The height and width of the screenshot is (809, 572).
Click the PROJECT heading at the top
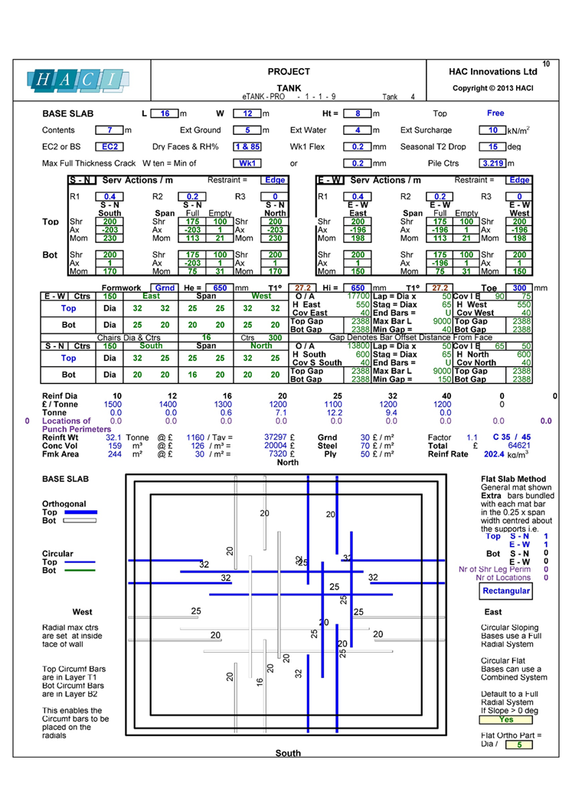pos(288,71)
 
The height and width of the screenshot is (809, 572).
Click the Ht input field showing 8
pos(358,113)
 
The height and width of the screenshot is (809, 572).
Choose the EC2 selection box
pos(106,146)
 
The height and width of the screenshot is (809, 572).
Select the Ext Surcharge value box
pos(493,130)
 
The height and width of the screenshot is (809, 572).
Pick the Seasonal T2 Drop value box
pos(493,146)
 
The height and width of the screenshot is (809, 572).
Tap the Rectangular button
pos(506,591)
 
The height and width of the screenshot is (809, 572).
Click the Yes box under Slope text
pos(506,719)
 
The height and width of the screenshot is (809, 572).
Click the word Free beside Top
pos(495,113)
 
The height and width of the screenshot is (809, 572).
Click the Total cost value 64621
pos(519,444)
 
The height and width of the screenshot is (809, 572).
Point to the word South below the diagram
pos(288,753)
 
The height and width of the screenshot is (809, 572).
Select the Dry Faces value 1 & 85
pos(247,146)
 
